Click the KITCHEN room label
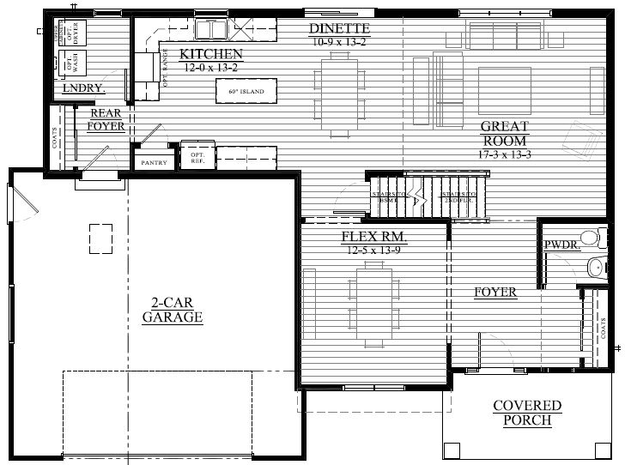211,55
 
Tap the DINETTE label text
337,29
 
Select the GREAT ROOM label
504,134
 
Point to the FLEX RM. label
373,236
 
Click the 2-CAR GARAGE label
172,311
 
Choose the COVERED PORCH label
527,413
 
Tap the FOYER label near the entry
495,293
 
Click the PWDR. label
560,246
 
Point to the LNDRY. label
83,88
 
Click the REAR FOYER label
106,119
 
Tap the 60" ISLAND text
246,91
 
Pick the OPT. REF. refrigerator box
197,154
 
